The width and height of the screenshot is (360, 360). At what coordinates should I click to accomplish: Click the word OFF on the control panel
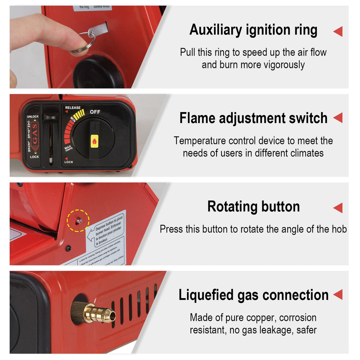[95, 112]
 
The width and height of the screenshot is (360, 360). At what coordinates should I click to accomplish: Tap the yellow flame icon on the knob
[95, 141]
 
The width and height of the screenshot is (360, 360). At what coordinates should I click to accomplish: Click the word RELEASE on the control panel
[73, 108]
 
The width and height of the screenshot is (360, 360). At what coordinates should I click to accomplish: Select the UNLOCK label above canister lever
[33, 116]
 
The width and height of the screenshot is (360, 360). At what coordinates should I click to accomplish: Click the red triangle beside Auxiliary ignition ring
[337, 32]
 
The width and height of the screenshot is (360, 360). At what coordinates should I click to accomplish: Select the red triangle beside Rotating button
[337, 207]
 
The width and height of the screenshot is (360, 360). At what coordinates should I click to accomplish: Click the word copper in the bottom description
[262, 318]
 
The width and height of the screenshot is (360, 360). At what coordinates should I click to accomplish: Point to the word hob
[339, 229]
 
